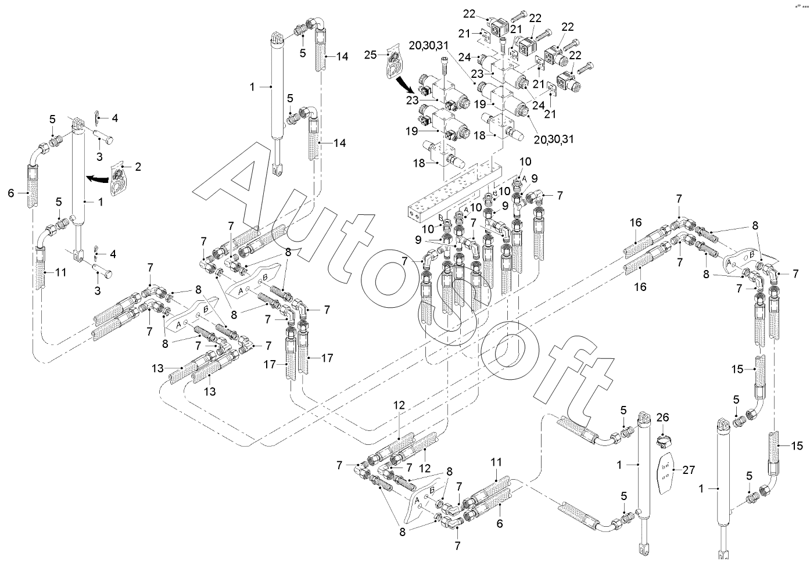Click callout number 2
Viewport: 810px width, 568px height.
coord(138,167)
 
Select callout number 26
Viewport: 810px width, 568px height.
coord(662,417)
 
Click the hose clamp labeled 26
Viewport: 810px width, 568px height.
coord(663,442)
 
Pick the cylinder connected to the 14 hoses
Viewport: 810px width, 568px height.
coord(278,99)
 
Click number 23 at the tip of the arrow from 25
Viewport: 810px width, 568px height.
coord(413,99)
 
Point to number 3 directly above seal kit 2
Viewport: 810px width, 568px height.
coord(99,157)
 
